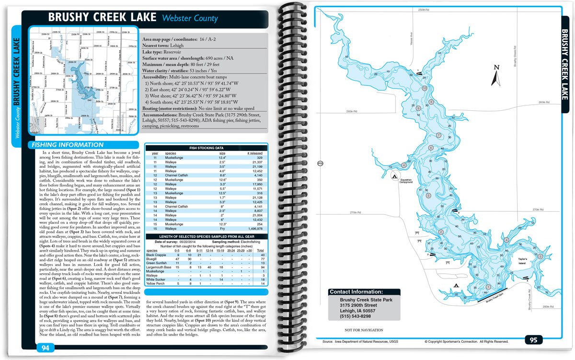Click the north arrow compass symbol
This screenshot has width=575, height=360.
point(497,73)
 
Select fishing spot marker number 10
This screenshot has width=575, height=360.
point(424,89)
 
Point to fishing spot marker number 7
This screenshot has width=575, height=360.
point(438,136)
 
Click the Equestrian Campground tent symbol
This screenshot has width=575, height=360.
point(394,177)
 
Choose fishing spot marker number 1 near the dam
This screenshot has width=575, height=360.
point(488,288)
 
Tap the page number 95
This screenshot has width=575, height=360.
point(533,340)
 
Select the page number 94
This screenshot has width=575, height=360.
point(45,348)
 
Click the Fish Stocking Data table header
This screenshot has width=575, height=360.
point(206,149)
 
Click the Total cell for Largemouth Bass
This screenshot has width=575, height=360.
point(262,267)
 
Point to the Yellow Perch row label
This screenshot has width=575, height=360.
point(156,284)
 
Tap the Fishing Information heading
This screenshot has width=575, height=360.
point(66,145)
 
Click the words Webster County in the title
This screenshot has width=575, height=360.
point(190,19)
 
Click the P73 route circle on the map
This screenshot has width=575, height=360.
point(320,164)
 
